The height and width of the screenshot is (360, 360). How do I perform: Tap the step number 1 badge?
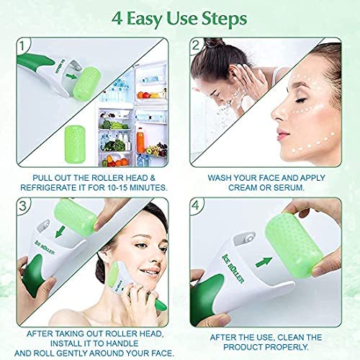[x=22, y=45]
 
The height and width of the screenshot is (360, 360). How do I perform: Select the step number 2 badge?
[x=196, y=45]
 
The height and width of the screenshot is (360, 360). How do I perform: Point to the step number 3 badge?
[x=22, y=206]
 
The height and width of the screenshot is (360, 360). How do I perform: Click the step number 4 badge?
[x=196, y=206]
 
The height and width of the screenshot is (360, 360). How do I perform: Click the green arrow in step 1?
[x=71, y=76]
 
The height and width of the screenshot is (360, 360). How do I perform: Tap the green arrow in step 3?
[x=60, y=231]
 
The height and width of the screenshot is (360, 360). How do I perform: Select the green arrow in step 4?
[x=264, y=262]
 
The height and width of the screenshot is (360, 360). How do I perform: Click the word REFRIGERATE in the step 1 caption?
[x=48, y=187]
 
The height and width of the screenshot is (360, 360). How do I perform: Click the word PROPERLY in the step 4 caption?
[x=284, y=347]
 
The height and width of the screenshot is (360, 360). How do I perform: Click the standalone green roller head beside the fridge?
[x=75, y=143]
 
